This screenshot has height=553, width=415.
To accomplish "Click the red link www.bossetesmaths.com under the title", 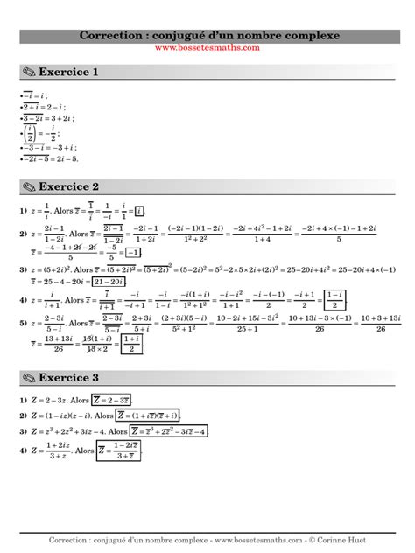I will tap(207, 48).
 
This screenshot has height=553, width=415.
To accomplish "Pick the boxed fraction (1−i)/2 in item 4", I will tap(334, 300).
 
